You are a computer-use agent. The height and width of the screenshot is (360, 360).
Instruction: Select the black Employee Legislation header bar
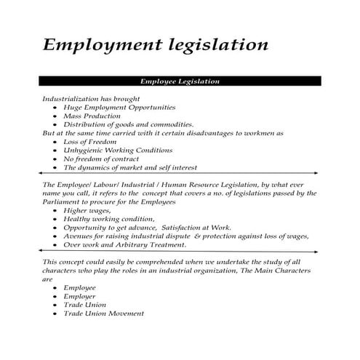tap(179, 81)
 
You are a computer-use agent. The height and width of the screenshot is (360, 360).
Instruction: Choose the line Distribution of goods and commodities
tap(128, 124)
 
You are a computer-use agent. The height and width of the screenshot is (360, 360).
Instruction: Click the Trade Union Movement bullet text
tap(103, 313)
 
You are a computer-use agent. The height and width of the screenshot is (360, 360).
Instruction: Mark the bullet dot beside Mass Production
tap(55, 116)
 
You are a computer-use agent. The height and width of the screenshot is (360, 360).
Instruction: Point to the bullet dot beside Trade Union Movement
tap(55, 313)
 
